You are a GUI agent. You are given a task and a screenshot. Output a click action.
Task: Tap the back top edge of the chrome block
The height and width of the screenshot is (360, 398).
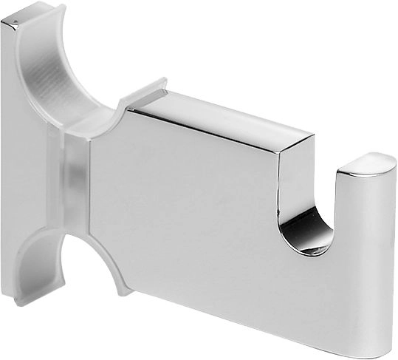pyautogui.click(x=222, y=103)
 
